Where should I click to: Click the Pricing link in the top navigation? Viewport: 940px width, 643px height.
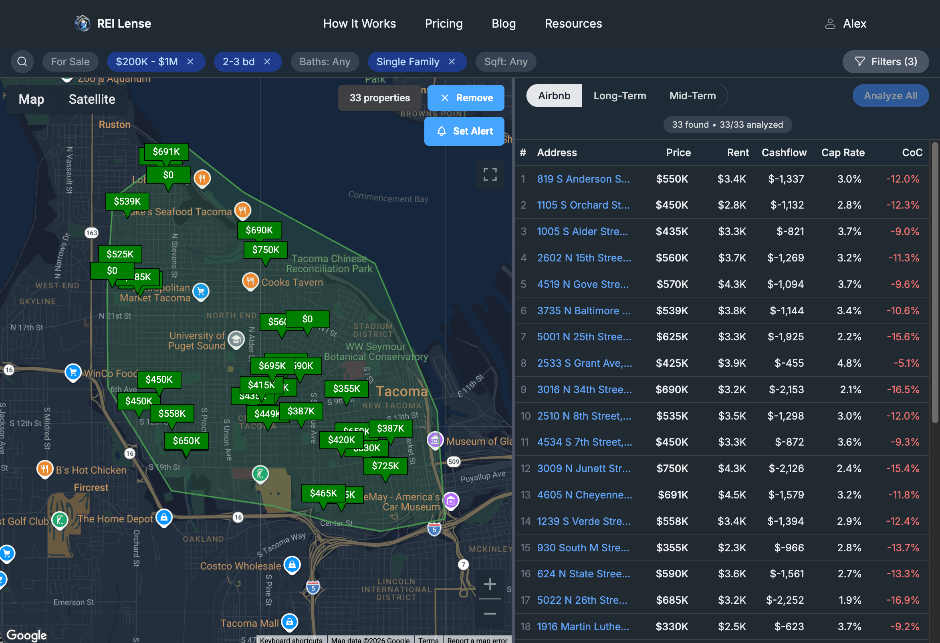pos(443,24)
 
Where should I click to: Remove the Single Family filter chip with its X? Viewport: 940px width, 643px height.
pos(452,61)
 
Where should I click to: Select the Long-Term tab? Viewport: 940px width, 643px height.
pos(619,96)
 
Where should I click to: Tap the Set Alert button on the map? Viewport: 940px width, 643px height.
pos(464,131)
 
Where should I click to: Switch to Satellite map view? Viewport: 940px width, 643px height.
pos(92,99)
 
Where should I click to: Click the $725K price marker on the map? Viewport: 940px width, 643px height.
pos(385,466)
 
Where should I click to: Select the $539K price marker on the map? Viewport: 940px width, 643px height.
pos(127,201)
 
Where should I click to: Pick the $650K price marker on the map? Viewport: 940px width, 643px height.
pos(186,440)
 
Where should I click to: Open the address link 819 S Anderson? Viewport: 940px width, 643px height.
pos(583,179)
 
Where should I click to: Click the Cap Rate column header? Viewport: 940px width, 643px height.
pos(843,153)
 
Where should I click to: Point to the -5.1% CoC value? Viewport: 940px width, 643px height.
pos(906,363)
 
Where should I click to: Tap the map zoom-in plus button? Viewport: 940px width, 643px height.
pos(489,584)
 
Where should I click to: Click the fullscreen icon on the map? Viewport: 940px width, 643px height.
pos(490,175)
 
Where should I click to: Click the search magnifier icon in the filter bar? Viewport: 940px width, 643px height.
pos(22,61)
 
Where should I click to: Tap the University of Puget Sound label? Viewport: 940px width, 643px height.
pos(197,341)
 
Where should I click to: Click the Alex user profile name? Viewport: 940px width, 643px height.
pos(854,24)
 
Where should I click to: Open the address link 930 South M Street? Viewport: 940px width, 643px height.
pos(583,548)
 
